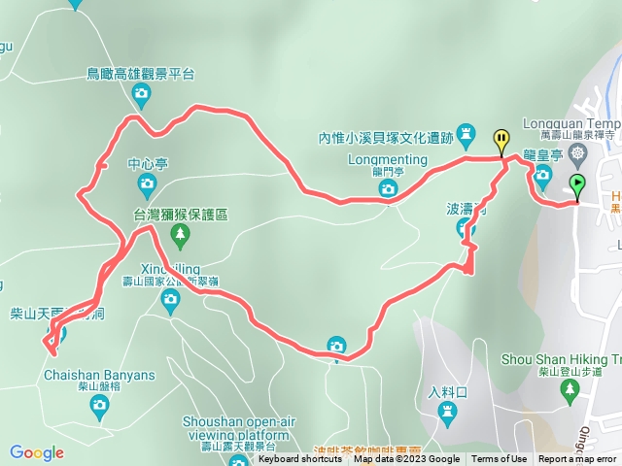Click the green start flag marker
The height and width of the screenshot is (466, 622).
[x=578, y=183]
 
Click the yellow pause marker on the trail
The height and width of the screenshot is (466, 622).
[x=501, y=140]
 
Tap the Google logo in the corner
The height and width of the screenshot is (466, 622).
[x=37, y=452]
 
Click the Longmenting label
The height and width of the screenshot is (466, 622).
[x=388, y=159]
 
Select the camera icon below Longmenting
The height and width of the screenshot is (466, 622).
[x=388, y=187]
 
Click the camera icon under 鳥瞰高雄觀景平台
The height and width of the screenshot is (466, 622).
[x=142, y=94]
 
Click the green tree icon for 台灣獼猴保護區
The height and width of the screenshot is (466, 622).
[x=179, y=235]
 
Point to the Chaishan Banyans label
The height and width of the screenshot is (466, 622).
[x=98, y=375]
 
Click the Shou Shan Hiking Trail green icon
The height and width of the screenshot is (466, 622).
[x=569, y=389]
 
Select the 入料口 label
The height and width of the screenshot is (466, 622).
[x=447, y=392]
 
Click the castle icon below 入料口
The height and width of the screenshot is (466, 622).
[x=447, y=415]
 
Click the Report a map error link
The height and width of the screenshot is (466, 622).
[x=577, y=459]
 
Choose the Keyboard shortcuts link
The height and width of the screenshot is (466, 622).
[x=300, y=459]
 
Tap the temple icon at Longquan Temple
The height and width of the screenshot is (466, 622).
[x=579, y=152]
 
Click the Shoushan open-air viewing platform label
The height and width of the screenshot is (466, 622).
[x=235, y=427]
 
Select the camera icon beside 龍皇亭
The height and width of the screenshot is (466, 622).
[x=543, y=176]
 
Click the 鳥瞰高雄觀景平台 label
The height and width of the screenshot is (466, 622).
[x=141, y=73]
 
